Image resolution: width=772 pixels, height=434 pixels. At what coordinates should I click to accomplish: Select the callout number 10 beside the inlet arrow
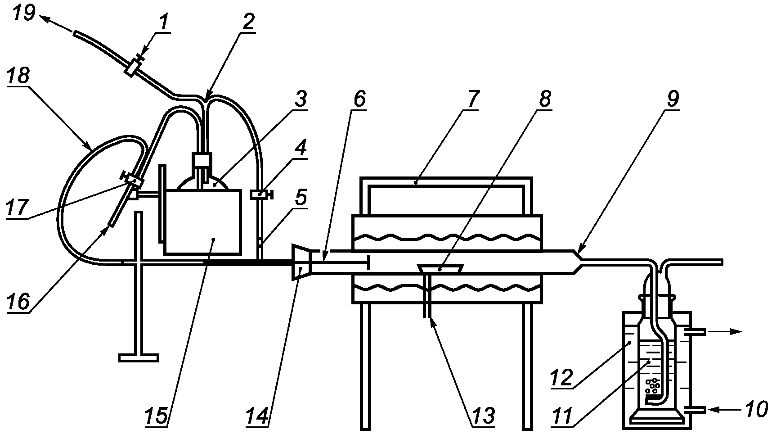coord(755,409)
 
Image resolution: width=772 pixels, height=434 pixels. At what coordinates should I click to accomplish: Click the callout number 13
coord(482,416)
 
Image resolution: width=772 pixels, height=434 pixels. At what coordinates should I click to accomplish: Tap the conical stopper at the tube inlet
coord(301,262)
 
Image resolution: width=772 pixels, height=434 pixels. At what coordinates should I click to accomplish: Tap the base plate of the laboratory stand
coord(139,358)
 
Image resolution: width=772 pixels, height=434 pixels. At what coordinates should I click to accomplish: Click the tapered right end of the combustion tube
coord(577,262)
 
